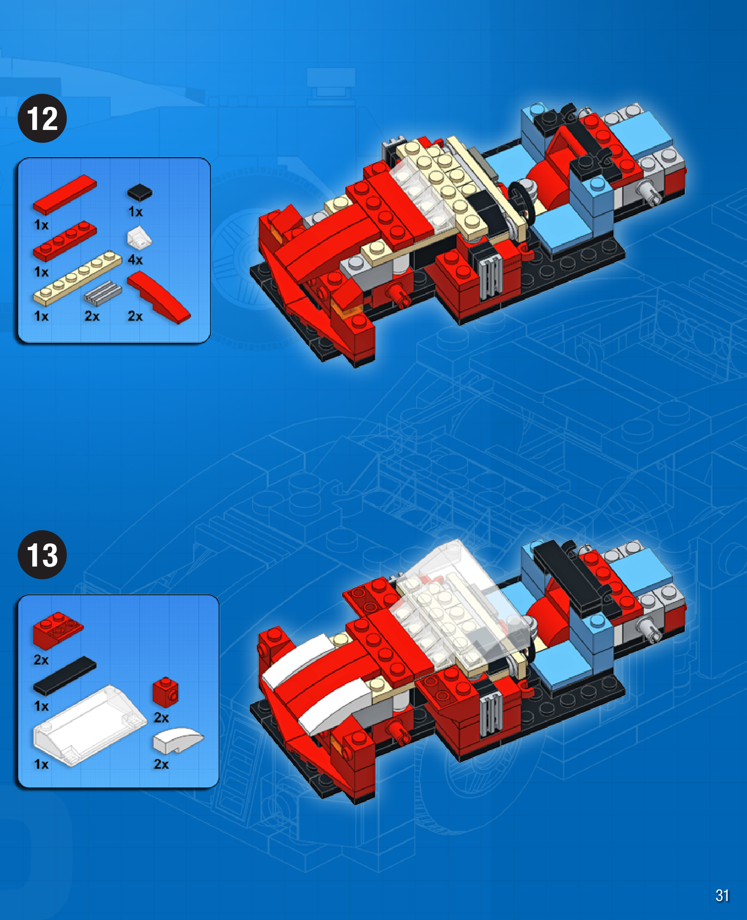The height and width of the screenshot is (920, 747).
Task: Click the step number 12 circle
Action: [42, 118]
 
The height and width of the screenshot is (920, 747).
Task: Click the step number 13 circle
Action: [42, 555]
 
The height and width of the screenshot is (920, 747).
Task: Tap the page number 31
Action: [722, 895]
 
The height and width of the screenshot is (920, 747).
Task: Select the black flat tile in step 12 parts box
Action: [139, 192]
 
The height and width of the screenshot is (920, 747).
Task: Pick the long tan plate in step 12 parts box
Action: [77, 278]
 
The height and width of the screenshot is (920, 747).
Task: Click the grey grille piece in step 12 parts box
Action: [103, 293]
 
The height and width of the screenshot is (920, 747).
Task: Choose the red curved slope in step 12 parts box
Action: [159, 298]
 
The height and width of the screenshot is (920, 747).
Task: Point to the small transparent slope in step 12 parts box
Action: [139, 238]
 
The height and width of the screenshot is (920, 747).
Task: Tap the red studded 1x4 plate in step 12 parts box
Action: [65, 241]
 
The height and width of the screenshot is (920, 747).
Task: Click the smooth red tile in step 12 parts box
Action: [65, 194]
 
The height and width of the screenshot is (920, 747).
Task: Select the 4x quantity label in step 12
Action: [135, 260]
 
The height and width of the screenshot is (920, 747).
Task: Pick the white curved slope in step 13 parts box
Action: [178, 740]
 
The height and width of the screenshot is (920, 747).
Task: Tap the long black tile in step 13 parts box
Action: [65, 676]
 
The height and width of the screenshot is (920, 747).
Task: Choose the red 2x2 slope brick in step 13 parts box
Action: [58, 630]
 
